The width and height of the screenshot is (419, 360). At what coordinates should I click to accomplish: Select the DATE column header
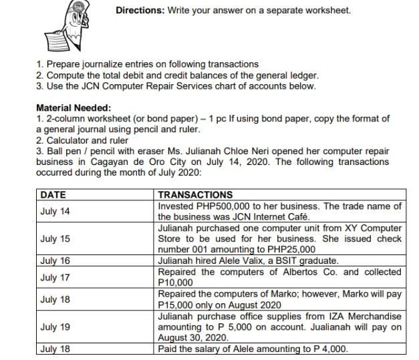53,195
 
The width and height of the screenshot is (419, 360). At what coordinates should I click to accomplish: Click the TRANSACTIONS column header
195,195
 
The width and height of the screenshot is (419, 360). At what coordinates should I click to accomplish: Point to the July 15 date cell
55,238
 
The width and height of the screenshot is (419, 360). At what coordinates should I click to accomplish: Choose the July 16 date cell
55,260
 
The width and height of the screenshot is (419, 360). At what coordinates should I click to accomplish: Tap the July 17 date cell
55,277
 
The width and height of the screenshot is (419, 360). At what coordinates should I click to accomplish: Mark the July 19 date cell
55,327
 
